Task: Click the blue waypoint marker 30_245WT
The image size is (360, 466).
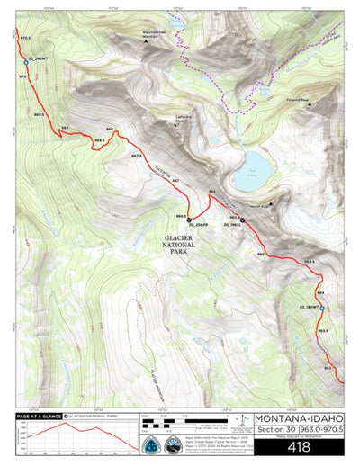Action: coord(25,61)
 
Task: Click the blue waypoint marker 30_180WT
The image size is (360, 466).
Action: coord(322,309)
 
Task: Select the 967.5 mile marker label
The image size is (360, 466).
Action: coord(137,156)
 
